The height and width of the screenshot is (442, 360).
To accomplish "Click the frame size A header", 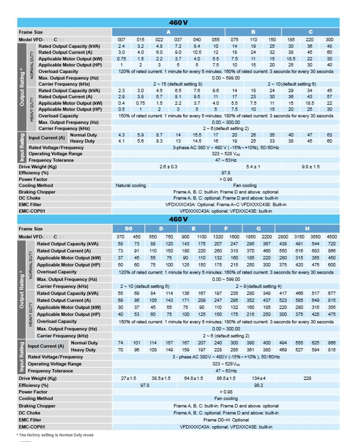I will pos(168,32).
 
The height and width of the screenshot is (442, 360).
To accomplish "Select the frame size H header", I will pos(307,229).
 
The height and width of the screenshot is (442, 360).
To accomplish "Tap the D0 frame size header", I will pos(129,229).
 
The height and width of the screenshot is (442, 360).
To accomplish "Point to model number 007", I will pos(122,40).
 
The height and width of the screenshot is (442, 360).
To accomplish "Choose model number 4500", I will pos(331,237).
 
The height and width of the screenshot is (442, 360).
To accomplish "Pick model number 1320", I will pos(218,237).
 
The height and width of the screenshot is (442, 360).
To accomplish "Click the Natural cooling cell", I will pos(131,185).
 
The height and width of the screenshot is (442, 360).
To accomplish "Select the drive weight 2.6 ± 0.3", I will pos(168,167).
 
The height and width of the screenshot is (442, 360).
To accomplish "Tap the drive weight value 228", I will pos(307,378).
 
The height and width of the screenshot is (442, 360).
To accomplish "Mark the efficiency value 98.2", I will pos(259,385).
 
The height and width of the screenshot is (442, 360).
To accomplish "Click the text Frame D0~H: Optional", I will pos(226,420).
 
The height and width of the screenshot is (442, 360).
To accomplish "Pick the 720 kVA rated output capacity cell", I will pos(331,244).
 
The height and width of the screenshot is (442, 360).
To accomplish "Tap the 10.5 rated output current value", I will pos(197,53).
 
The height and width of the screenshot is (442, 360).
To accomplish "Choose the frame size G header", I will pos(259,229).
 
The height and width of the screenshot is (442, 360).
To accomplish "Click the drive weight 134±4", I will pos(259,378).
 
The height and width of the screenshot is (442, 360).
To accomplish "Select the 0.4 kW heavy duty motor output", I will pos(122,103).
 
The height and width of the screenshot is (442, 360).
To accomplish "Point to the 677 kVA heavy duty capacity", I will pos(331,293).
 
